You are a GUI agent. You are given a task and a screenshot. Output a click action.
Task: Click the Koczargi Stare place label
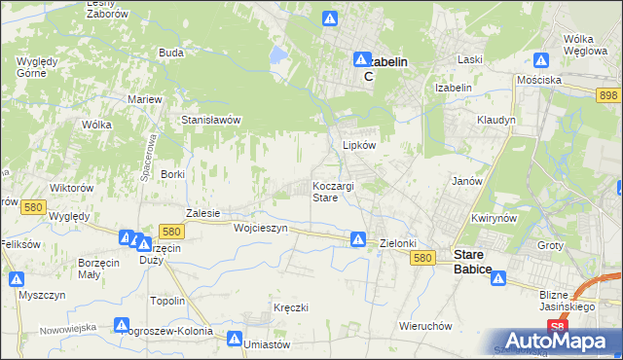point(338,191)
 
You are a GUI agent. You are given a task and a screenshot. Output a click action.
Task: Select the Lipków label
point(358,145)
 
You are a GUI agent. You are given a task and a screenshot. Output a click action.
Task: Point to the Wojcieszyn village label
point(261,228)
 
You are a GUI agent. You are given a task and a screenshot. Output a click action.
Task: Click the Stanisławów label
point(211,120)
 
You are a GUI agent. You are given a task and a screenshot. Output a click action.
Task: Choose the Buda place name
point(171,53)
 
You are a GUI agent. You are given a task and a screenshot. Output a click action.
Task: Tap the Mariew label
point(144,99)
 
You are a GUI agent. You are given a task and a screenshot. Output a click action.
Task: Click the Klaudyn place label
point(495,120)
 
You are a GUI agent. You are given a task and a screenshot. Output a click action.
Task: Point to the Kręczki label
point(291,308)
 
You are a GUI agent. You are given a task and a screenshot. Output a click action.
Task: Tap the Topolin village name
point(167,301)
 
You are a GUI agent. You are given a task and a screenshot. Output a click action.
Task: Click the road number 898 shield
point(608,94)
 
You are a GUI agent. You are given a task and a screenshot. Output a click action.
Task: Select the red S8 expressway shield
point(556,327)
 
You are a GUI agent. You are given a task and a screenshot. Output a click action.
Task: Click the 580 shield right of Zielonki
point(421,258)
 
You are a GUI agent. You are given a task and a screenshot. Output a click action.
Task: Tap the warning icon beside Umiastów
point(235,339)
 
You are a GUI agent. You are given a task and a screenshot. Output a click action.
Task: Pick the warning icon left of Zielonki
point(358,238)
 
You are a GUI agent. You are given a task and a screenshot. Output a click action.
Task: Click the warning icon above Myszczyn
point(17,279)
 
